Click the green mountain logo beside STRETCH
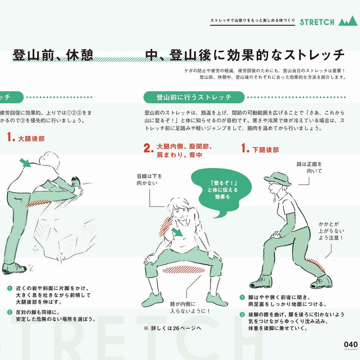(x=348, y=21)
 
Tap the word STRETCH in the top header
(x=317, y=22)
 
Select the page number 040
(x=351, y=344)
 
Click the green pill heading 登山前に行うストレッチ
(x=194, y=97)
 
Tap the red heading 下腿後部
(x=266, y=150)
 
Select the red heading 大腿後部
(x=31, y=139)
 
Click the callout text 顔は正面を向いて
(x=309, y=167)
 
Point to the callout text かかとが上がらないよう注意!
(x=331, y=231)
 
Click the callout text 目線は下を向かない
(x=149, y=180)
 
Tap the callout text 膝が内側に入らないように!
(x=190, y=307)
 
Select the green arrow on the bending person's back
(x=25, y=163)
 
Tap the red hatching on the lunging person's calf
(x=315, y=264)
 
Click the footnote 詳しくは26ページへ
(x=173, y=328)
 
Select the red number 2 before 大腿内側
(x=148, y=148)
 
